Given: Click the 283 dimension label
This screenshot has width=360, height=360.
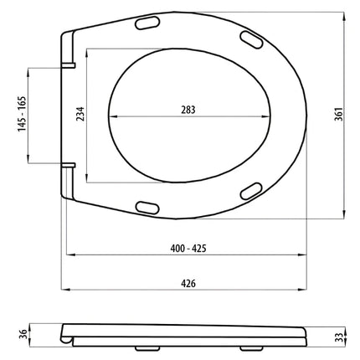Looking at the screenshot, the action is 188,110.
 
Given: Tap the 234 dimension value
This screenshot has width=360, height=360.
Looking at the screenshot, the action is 80,114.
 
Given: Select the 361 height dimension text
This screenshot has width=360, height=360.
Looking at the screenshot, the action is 338,114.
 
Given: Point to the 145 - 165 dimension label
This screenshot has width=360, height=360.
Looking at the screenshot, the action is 22,114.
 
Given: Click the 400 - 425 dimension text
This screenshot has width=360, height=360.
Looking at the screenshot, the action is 188,248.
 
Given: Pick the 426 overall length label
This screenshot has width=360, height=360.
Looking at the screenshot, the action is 188,284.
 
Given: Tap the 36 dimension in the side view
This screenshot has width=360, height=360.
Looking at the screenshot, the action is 23,334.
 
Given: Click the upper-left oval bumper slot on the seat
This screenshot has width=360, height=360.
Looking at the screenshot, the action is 147,23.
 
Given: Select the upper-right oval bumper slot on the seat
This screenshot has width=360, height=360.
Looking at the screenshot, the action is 251,39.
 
